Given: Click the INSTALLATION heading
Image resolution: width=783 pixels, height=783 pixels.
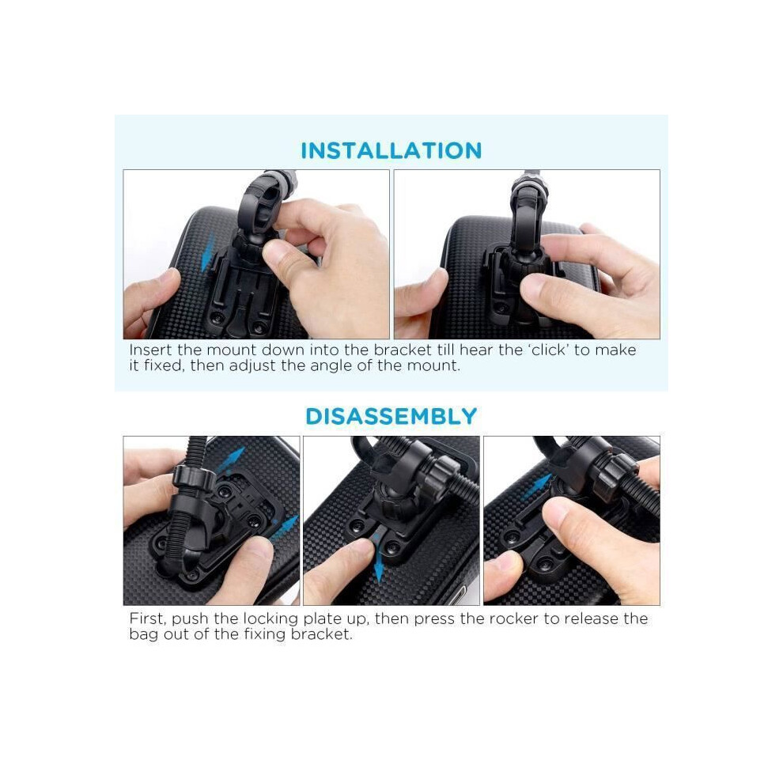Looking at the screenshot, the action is [x=391, y=150].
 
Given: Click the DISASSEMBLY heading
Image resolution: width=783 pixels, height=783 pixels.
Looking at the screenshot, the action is [x=391, y=417].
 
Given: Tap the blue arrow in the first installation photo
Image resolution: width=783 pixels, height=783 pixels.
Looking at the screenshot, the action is [x=208, y=252].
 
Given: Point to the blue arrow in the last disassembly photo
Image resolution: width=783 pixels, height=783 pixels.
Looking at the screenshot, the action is [x=536, y=486].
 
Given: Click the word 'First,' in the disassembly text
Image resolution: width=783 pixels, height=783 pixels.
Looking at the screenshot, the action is [x=148, y=618].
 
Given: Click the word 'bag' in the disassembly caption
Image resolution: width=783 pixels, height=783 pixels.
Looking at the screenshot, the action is [x=143, y=634].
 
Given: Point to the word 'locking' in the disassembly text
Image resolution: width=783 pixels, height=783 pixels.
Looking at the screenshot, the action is [x=270, y=619].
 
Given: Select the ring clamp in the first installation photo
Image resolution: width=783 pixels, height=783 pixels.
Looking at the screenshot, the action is [x=262, y=202].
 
